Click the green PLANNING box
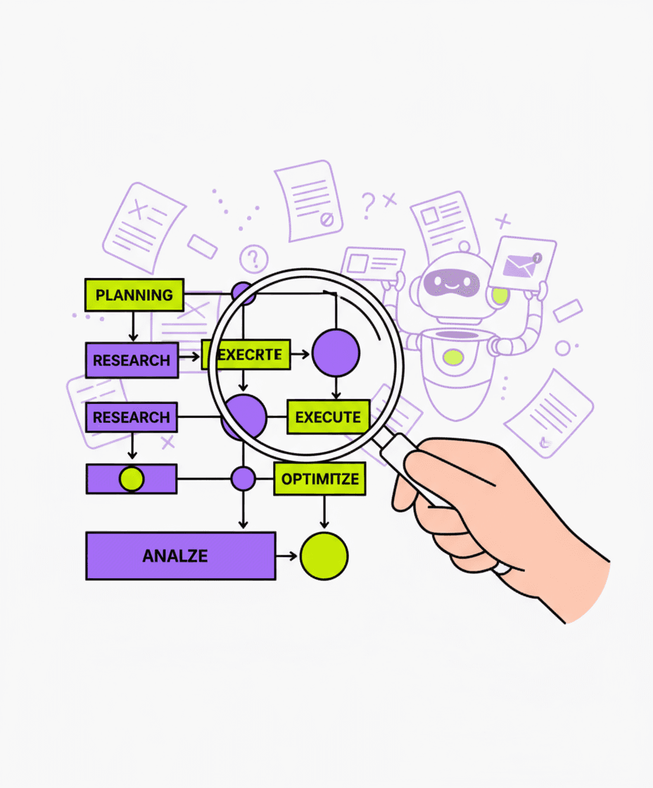click(134, 295)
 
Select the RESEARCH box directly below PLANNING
click(132, 360)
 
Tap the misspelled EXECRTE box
click(246, 355)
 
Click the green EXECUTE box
click(328, 417)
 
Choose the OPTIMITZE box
click(320, 479)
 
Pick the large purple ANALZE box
click(180, 556)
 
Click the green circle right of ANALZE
click(324, 556)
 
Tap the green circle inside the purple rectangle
click(132, 479)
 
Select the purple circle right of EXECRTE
click(336, 352)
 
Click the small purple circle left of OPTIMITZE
click(243, 479)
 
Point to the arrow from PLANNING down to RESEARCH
click(132, 326)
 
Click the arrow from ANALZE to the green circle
click(287, 556)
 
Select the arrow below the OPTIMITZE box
click(324, 512)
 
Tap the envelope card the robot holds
click(523, 265)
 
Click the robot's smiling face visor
click(451, 282)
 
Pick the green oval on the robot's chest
click(453, 357)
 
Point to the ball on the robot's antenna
click(463, 248)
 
